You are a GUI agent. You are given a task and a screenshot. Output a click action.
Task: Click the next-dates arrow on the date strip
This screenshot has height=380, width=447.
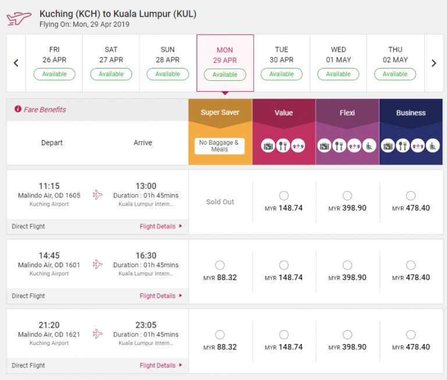pyautogui.click(x=434, y=63)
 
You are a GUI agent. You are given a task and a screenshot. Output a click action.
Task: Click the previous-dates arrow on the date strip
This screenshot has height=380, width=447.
pyautogui.click(x=16, y=63)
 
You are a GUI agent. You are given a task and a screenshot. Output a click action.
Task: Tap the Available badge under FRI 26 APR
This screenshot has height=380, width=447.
pyautogui.click(x=54, y=74)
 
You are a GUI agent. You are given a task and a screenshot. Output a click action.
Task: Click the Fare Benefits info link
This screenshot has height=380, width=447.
pyautogui.click(x=40, y=110)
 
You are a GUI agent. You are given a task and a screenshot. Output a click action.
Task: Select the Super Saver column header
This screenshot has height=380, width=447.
pyautogui.click(x=220, y=113)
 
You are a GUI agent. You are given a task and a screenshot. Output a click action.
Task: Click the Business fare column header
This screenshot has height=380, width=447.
pyautogui.click(x=410, y=113)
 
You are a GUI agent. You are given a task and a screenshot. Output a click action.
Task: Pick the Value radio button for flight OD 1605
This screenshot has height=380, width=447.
pyautogui.click(x=283, y=196)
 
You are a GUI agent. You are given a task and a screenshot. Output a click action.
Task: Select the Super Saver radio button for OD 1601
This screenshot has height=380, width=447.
pyautogui.click(x=220, y=265)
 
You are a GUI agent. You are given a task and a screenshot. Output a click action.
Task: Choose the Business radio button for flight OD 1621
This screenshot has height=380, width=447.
pyautogui.click(x=410, y=335)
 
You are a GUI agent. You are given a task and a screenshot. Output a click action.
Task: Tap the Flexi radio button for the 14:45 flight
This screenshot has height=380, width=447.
pyautogui.click(x=347, y=265)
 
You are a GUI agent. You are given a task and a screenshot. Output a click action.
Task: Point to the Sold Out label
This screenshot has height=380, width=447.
pyautogui.click(x=220, y=202)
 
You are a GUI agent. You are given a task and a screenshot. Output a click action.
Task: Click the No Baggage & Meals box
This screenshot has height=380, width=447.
pyautogui.click(x=219, y=146)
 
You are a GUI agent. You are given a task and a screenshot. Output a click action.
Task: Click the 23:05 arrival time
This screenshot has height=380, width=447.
pyautogui.click(x=146, y=325)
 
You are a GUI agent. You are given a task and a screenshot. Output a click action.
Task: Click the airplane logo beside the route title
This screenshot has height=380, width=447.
pyautogui.click(x=19, y=19)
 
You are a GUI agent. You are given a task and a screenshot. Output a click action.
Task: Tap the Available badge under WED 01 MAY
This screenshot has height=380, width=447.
pyautogui.click(x=338, y=74)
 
